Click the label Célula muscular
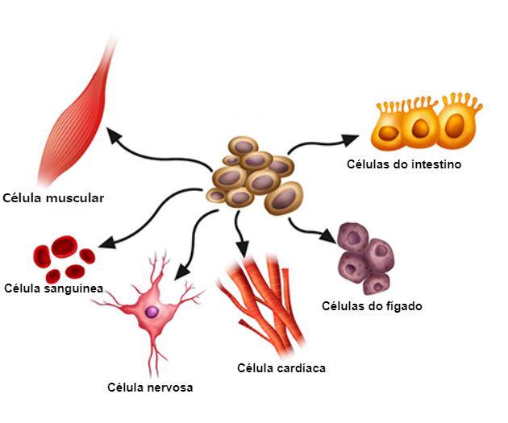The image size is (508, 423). (53, 197)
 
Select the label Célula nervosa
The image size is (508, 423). (150, 388)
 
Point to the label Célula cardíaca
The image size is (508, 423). (281, 368)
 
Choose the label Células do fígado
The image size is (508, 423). (372, 306)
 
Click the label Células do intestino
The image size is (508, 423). (404, 164)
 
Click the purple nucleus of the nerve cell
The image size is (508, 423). (152, 311)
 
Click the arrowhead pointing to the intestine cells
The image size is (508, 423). (348, 139)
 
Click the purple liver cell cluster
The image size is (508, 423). (367, 257)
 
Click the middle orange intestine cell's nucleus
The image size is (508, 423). (418, 130)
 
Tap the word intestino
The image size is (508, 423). (435, 164)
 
